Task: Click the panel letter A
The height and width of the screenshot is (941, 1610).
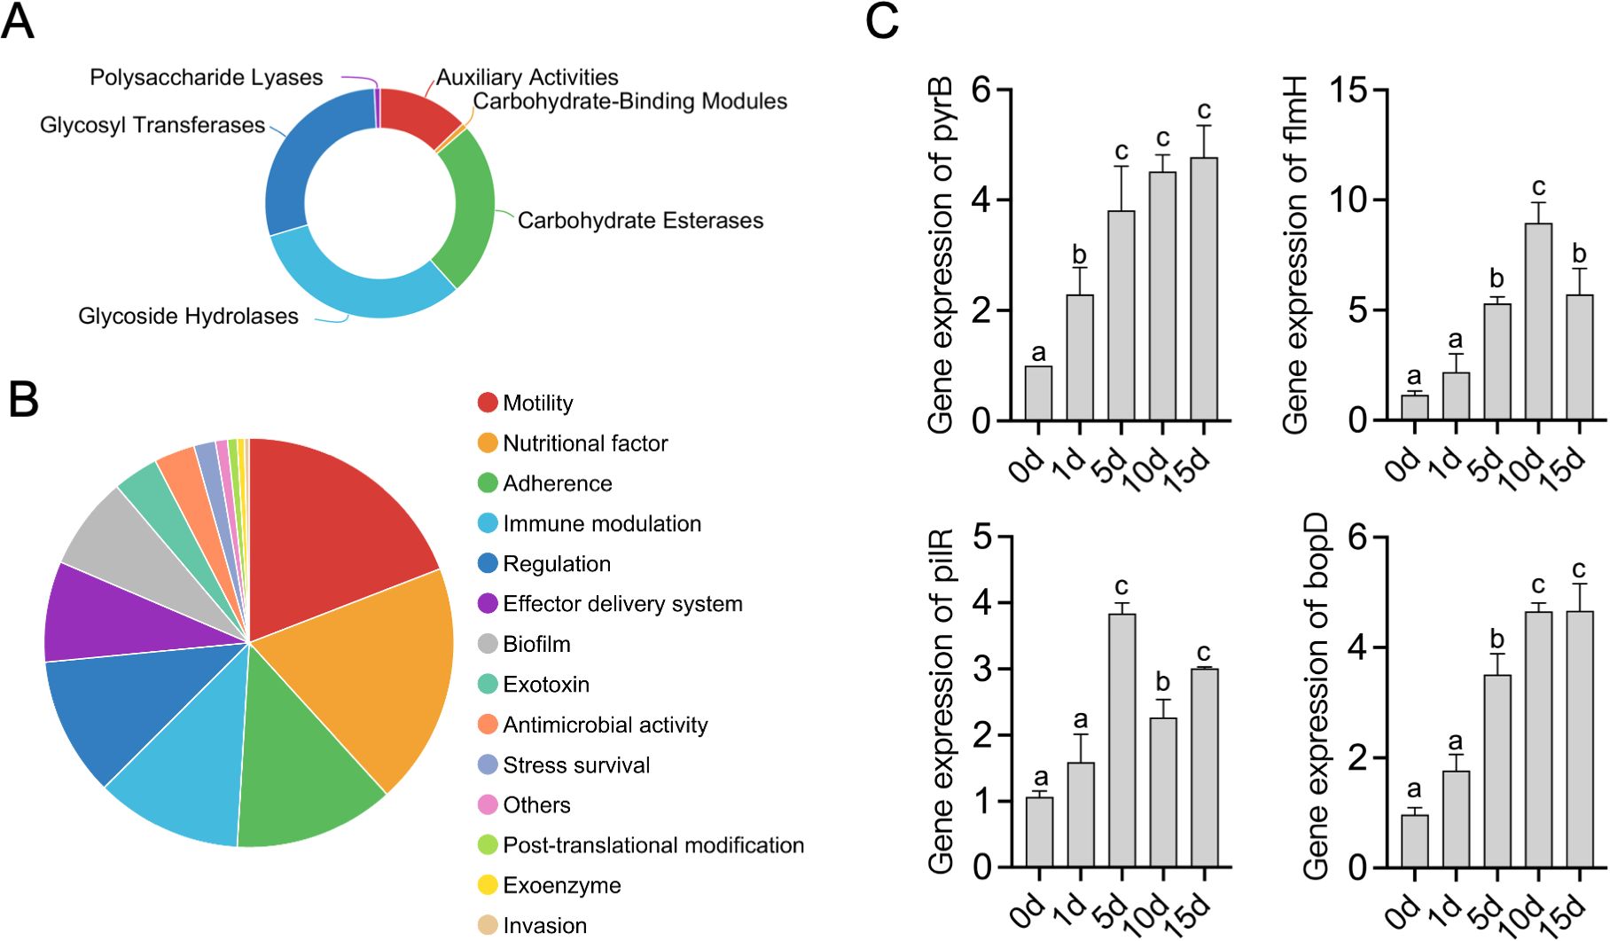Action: (x=18, y=22)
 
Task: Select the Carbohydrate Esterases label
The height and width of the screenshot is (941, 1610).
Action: (x=639, y=221)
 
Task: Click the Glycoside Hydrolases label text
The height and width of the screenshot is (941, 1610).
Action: (x=188, y=317)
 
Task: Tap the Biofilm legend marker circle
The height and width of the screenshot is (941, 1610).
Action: (x=488, y=644)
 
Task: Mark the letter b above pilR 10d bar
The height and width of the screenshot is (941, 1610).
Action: (x=1162, y=682)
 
